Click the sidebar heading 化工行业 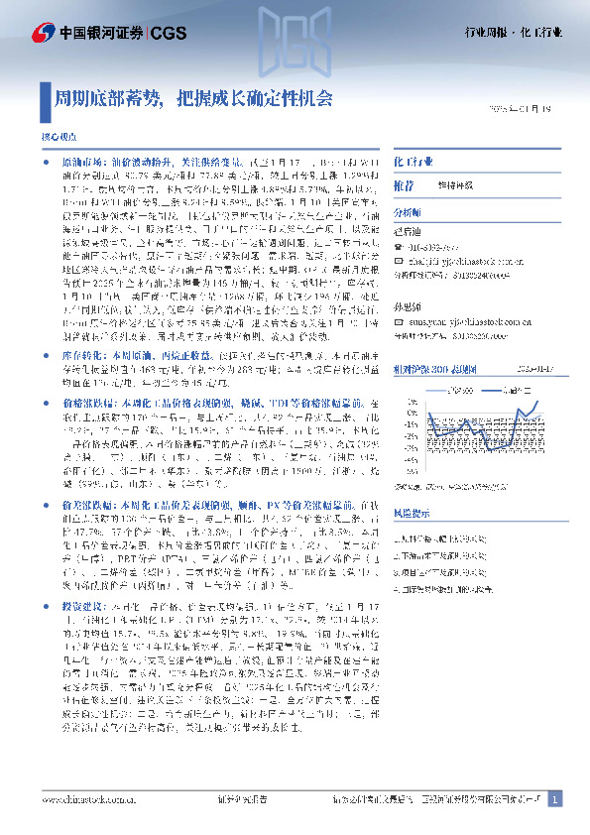(x=413, y=160)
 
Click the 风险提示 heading (x=412, y=513)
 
